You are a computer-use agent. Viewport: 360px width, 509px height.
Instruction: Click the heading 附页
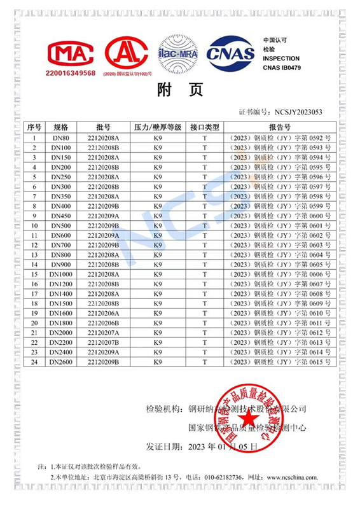tap(180, 91)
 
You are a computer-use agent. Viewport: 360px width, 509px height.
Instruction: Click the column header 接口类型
tap(205, 127)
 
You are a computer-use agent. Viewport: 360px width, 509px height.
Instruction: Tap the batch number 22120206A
tap(104, 313)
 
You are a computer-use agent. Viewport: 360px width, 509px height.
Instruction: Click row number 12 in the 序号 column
tap(34, 245)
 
